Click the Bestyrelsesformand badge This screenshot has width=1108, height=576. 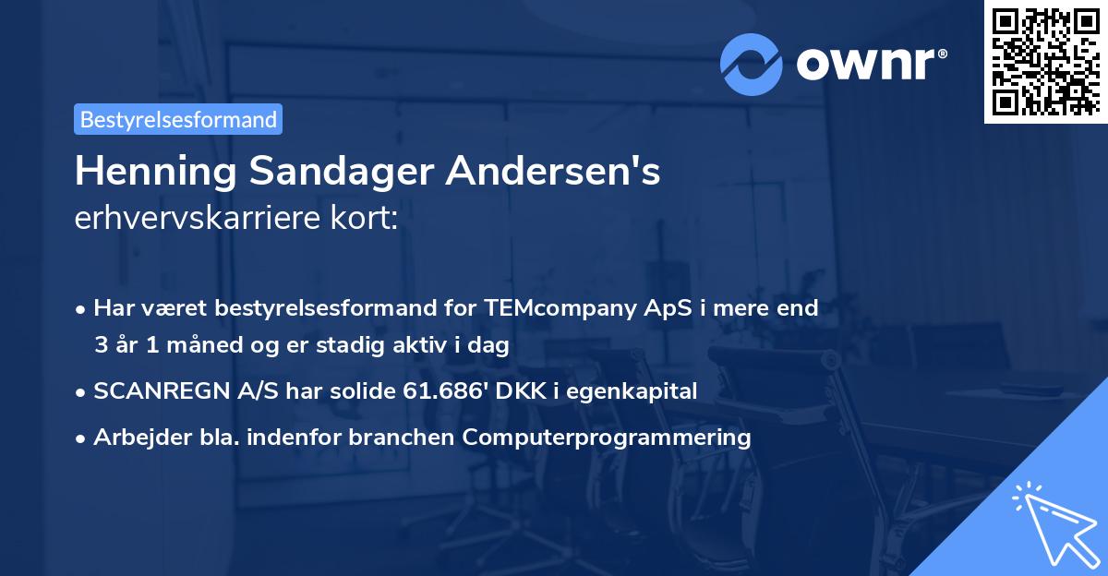[178, 119]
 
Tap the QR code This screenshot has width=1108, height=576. [1044, 61]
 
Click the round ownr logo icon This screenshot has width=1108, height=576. [752, 64]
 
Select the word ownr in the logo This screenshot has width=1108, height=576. [870, 64]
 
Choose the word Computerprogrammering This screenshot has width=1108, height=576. [608, 438]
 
